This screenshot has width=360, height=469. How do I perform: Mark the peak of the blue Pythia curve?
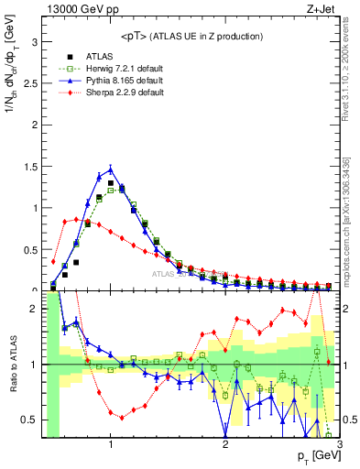[x=111, y=169]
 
